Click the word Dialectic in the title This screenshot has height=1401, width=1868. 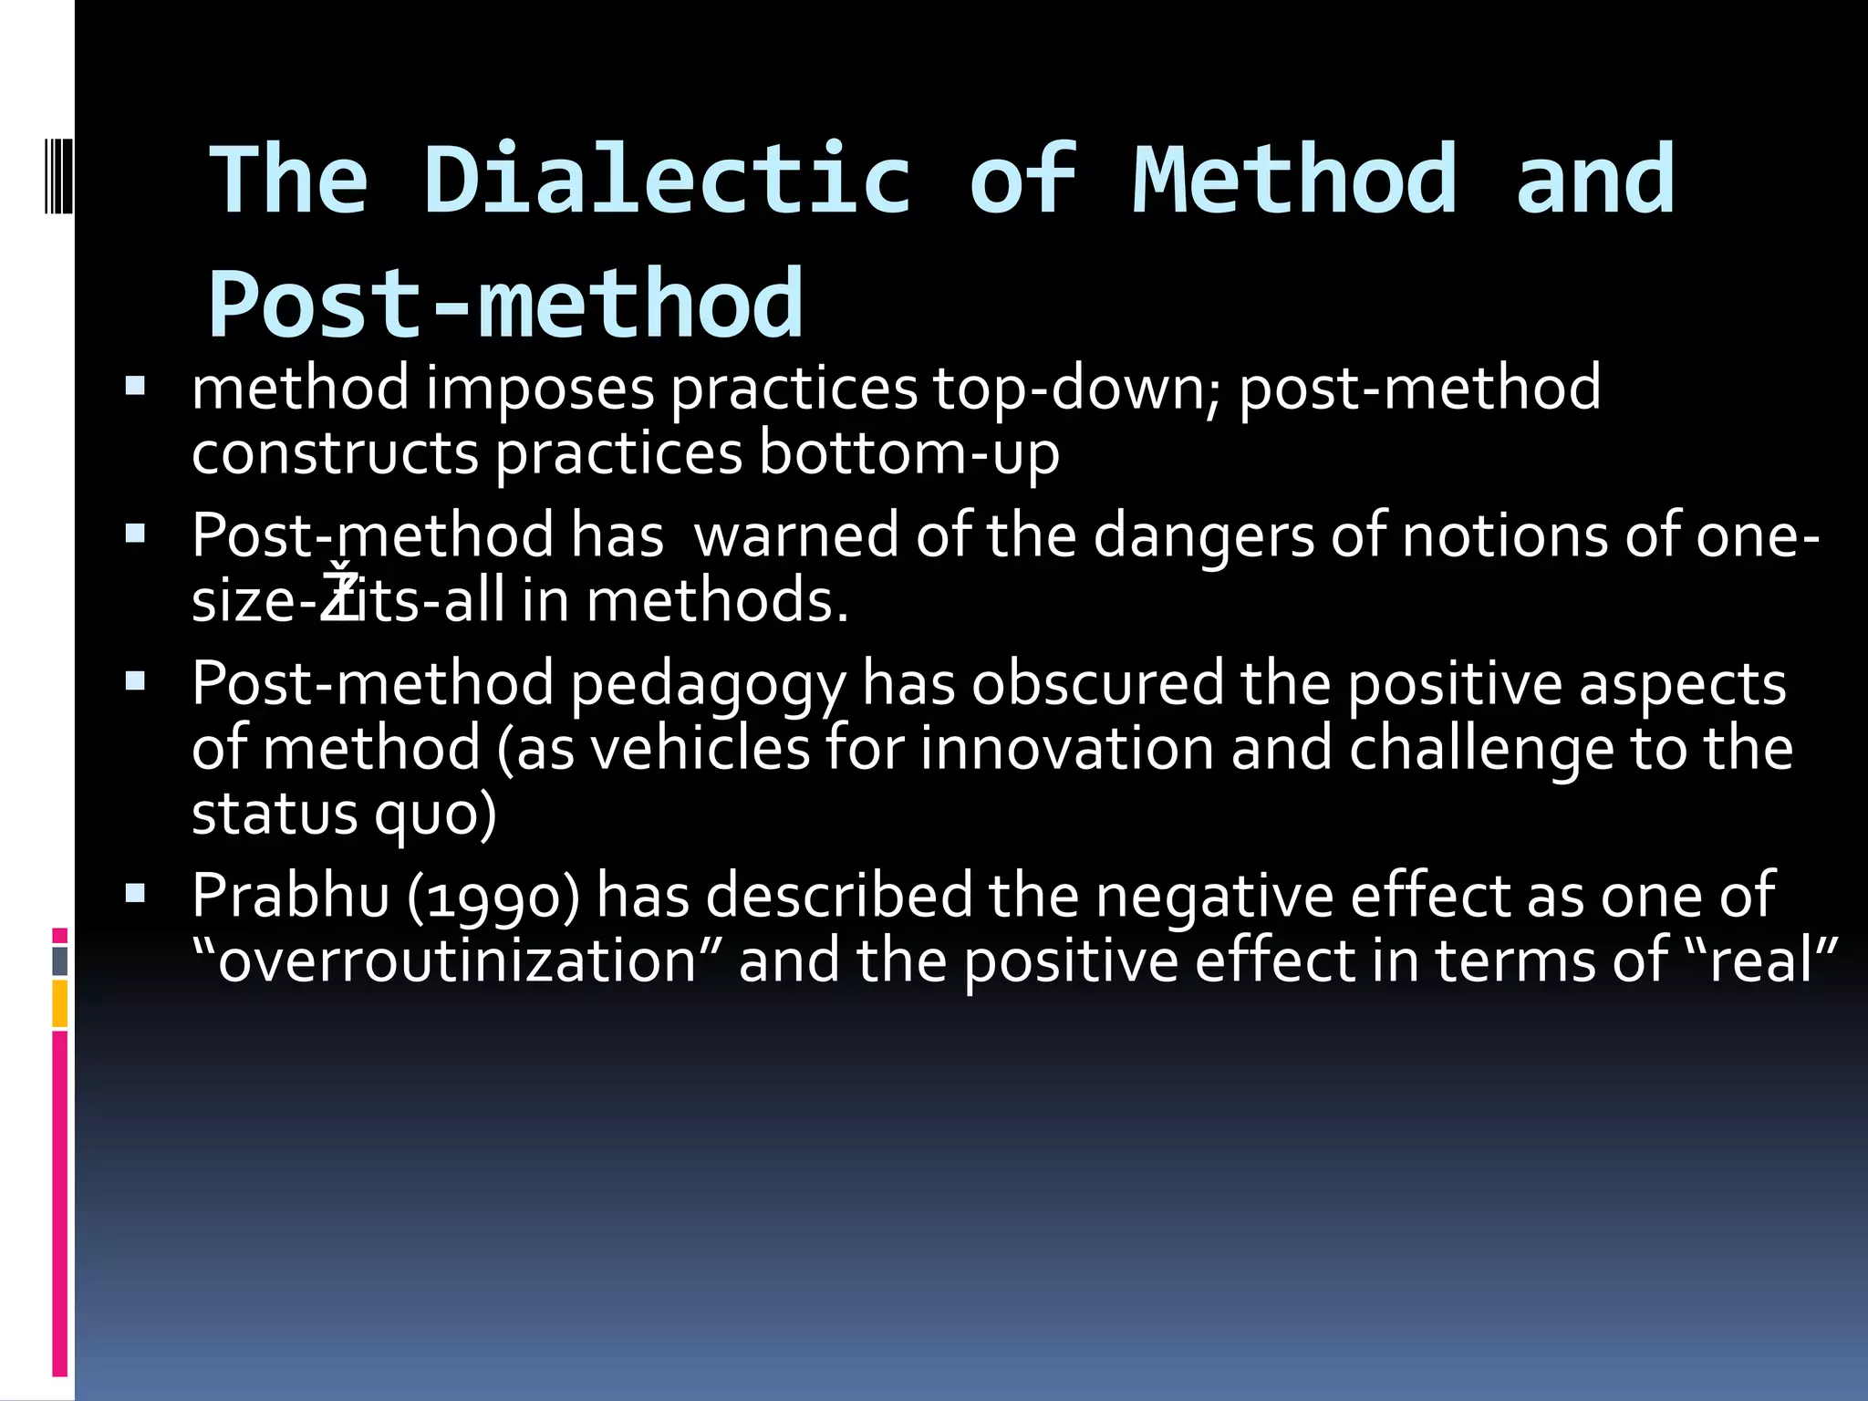click(667, 181)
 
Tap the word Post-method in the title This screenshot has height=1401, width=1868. click(506, 305)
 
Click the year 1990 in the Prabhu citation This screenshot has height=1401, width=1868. click(493, 897)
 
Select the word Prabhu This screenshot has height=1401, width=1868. click(291, 897)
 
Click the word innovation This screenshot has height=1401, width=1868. click(1066, 750)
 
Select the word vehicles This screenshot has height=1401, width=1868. click(700, 750)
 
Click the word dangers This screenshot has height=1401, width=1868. click(1203, 536)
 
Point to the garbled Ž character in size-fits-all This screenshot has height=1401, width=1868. click(340, 597)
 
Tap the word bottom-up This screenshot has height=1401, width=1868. click(908, 454)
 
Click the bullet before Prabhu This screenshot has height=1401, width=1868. click(135, 893)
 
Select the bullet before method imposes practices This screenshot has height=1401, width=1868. click(135, 386)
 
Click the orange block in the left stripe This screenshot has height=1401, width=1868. click(60, 1003)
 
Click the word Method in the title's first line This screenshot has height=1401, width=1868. click(1294, 181)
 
